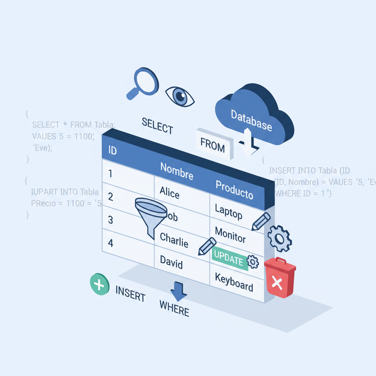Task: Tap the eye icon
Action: (x=180, y=96)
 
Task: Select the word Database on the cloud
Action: (x=252, y=120)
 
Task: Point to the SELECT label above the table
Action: (x=157, y=126)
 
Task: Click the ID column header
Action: (x=112, y=150)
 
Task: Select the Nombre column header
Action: (x=177, y=171)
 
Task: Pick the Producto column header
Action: (x=234, y=189)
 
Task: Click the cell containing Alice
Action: (x=170, y=192)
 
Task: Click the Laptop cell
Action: (x=228, y=212)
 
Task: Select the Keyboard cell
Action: (x=234, y=282)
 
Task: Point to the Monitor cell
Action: (x=230, y=235)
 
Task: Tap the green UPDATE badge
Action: (x=228, y=258)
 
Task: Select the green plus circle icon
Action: (x=100, y=284)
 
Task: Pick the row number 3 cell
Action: (x=111, y=220)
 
